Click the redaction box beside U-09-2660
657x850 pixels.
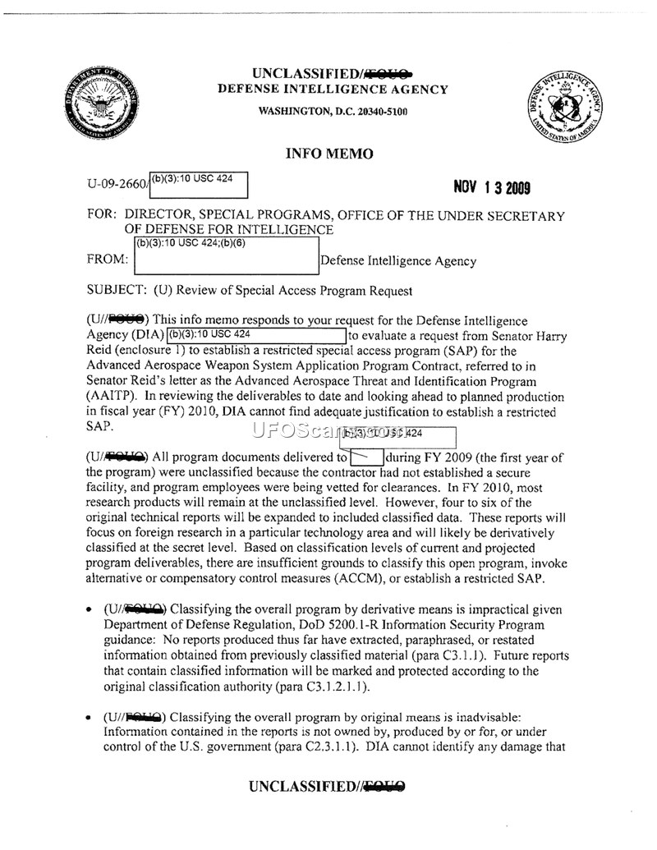point(198,185)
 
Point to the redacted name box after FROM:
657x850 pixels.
point(226,256)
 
